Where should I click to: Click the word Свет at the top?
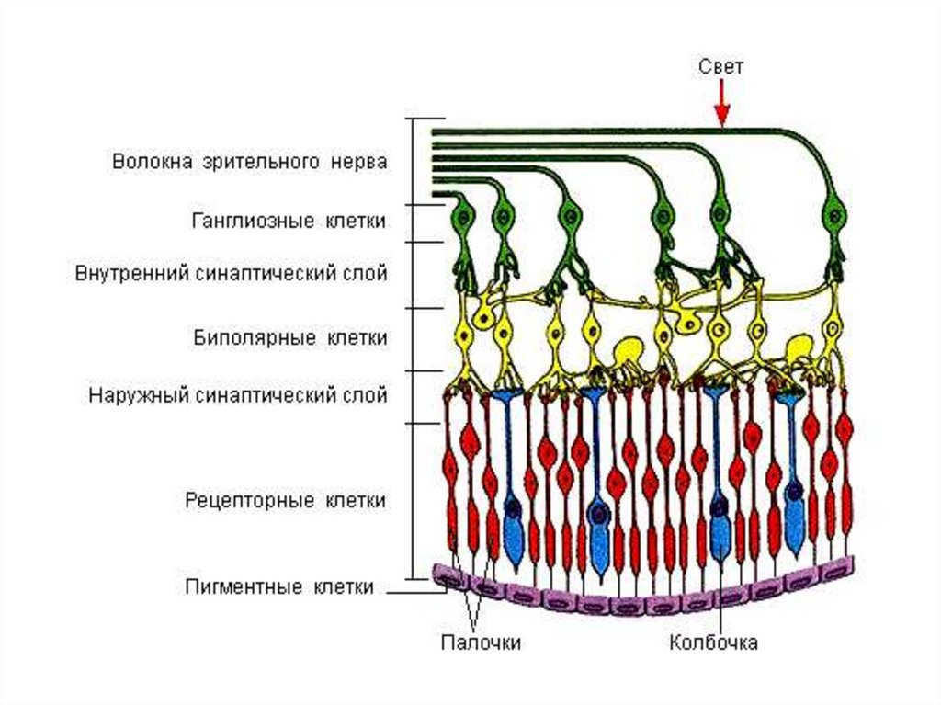click(721, 66)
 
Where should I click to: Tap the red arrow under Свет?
click(722, 103)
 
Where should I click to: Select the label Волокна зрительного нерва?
click(249, 162)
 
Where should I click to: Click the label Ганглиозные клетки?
click(289, 221)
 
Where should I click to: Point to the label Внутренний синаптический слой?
click(231, 274)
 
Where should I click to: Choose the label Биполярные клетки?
click(289, 337)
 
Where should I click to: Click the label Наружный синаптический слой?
click(237, 395)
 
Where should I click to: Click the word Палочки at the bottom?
click(480, 642)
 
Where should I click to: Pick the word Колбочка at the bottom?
click(713, 642)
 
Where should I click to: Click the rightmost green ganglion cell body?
click(834, 217)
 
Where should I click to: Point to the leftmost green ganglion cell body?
click(461, 219)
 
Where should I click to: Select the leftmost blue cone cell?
click(511, 478)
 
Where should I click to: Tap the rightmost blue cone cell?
click(791, 478)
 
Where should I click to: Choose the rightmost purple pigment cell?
click(836, 570)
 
